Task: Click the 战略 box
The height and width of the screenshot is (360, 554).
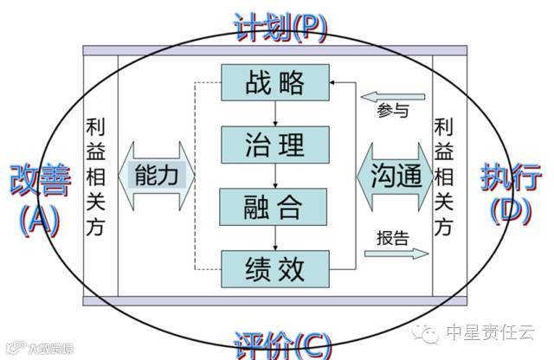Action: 275,83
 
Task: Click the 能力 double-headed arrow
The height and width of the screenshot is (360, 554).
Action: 160,175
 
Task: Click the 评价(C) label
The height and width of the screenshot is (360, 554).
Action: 280,344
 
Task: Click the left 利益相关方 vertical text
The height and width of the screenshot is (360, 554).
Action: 96,176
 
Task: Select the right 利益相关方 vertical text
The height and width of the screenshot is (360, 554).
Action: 445,176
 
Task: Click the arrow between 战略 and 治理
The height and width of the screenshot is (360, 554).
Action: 275,113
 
